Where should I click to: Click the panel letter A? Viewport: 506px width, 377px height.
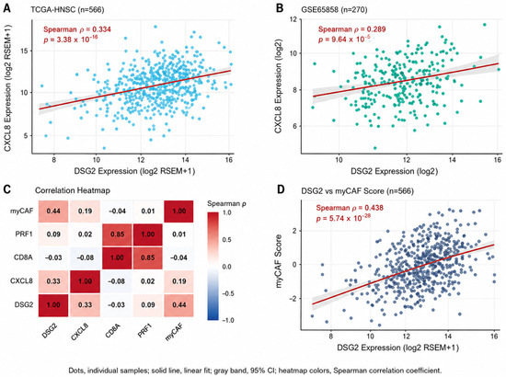click(7, 8)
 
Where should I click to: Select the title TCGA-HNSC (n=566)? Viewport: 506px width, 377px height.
click(67, 10)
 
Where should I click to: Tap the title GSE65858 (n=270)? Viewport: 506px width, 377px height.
click(334, 10)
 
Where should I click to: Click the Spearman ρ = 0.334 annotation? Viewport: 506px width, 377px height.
click(77, 29)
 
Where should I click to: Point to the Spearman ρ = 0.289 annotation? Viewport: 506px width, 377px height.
click(351, 29)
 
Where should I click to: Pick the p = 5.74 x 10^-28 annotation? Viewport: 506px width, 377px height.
click(343, 218)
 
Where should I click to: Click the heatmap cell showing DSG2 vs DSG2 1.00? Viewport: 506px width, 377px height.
click(53, 305)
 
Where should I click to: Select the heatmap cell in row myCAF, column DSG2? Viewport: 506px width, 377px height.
click(53, 211)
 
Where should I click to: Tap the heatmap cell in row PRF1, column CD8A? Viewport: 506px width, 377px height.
click(117, 234)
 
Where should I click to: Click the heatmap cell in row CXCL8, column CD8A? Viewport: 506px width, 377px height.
click(117, 281)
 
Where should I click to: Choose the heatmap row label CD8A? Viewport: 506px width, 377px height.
click(23, 257)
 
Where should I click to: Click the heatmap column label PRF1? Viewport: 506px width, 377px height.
click(144, 330)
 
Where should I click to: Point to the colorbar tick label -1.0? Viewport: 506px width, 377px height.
click(228, 320)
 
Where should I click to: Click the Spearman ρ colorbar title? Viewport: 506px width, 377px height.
click(226, 203)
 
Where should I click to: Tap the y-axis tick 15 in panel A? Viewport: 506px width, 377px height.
click(25, 51)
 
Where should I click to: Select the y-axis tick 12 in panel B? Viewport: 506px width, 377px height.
click(293, 19)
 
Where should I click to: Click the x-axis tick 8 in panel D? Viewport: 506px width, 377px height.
click(331, 336)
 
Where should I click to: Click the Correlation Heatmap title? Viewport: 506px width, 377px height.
click(73, 190)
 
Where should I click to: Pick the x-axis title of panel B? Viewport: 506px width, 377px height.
click(395, 171)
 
